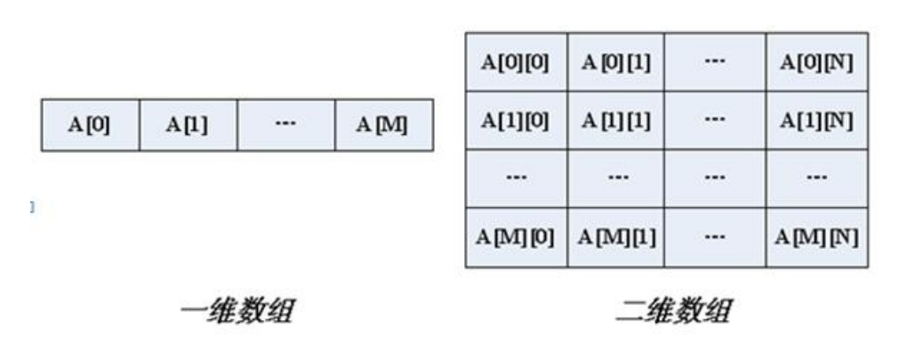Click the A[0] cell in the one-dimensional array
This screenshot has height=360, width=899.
pyautogui.click(x=90, y=125)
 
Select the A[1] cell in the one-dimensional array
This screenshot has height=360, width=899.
pyautogui.click(x=188, y=125)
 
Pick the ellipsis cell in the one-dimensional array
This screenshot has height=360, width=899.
pyautogui.click(x=285, y=125)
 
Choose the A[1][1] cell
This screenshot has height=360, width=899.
pyautogui.click(x=615, y=121)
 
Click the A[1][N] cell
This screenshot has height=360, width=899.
pyautogui.click(x=815, y=121)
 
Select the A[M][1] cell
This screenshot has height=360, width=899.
pyautogui.click(x=615, y=238)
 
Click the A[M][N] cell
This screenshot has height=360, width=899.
pyautogui.click(x=815, y=238)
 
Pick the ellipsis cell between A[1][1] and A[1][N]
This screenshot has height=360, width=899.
pyautogui.click(x=715, y=121)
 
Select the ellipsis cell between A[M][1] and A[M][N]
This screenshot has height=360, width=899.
pyautogui.click(x=715, y=238)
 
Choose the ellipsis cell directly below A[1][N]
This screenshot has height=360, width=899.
pyautogui.click(x=815, y=179)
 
